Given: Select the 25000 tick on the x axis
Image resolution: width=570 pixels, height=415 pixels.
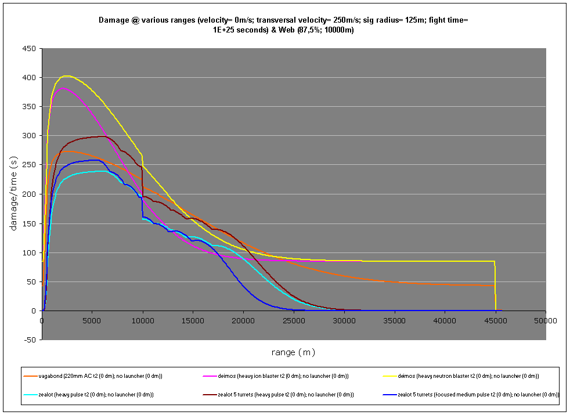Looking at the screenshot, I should pos(294,319).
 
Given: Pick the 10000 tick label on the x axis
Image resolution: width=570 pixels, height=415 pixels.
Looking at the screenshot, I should pos(143,319).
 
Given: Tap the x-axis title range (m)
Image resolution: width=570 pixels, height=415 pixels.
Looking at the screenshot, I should pos(293,352).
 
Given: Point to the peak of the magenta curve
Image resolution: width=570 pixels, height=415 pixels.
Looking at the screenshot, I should pos(63,88).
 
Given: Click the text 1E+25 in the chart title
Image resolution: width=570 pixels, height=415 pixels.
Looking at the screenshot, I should pos(225,30).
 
